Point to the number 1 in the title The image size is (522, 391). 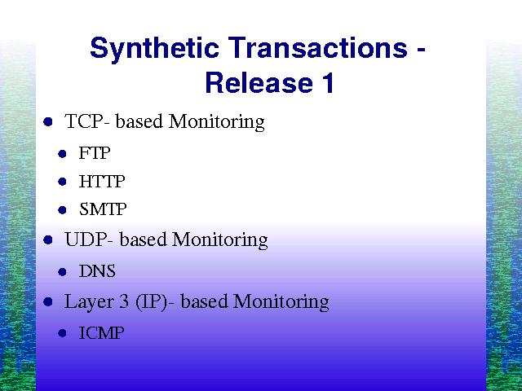tap(328, 82)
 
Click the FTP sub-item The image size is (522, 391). tap(95, 153)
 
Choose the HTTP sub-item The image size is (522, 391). tap(101, 182)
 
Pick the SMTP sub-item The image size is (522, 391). tap(103, 209)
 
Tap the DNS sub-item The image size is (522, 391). tap(97, 271)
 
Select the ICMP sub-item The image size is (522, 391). tap(101, 332)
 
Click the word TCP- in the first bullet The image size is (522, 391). tap(87, 121)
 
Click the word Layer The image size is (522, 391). tap(88, 302)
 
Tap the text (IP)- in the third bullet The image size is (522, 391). tap(154, 302)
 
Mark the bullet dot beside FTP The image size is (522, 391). tap(62, 154)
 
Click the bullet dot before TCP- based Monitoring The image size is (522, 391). tap(48, 121)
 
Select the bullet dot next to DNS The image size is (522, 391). tap(62, 272)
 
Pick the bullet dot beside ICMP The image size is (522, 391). tap(62, 333)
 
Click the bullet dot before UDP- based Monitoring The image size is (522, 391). tap(48, 239)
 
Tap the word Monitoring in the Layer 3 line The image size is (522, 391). tap(281, 303)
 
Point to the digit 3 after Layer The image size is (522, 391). tap(123, 301)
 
